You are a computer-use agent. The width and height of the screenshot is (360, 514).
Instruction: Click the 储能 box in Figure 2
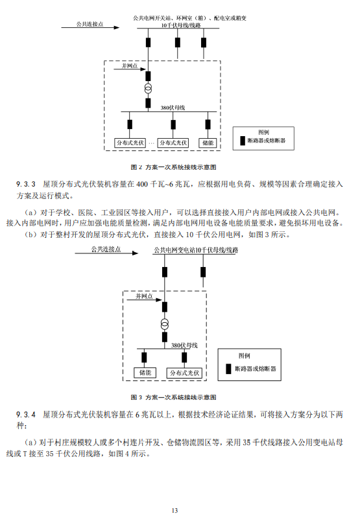pyautogui.click(x=208, y=143)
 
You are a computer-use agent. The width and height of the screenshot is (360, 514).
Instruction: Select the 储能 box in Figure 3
pyautogui.click(x=145, y=373)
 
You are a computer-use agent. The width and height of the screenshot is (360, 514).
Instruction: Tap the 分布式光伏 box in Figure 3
pyautogui.click(x=184, y=373)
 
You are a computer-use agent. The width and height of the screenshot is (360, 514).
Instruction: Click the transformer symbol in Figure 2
pyautogui.click(x=149, y=89)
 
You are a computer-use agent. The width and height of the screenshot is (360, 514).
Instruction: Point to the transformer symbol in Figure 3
pyautogui.click(x=165, y=324)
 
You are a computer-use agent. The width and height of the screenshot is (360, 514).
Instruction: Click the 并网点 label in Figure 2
pyautogui.click(x=130, y=66)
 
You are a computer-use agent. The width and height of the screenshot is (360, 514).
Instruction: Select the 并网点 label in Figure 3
pyautogui.click(x=144, y=296)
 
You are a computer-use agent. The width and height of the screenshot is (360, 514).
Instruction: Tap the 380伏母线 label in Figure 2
pyautogui.click(x=173, y=108)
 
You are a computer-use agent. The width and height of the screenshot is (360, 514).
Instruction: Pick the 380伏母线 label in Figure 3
pyautogui.click(x=184, y=345)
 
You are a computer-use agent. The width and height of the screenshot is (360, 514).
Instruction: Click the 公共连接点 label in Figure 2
pyautogui.click(x=90, y=24)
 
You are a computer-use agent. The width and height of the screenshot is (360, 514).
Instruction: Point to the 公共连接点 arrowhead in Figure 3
pyautogui.click(x=135, y=253)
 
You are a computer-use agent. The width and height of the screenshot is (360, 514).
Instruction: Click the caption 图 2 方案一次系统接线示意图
pyautogui.click(x=173, y=167)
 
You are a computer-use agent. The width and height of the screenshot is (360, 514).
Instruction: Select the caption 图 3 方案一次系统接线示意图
pyautogui.click(x=173, y=397)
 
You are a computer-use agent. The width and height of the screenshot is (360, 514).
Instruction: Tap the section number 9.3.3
pyautogui.click(x=26, y=184)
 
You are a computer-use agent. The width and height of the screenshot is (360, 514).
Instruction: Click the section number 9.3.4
pyautogui.click(x=26, y=415)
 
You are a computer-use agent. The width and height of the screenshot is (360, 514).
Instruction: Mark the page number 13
pyautogui.click(x=174, y=510)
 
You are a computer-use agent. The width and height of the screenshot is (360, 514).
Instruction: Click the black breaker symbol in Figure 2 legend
pyautogui.click(x=243, y=141)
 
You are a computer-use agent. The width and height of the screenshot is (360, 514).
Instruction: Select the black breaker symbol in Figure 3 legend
pyautogui.click(x=228, y=369)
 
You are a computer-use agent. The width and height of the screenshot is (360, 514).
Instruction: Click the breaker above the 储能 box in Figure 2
pyautogui.click(x=208, y=124)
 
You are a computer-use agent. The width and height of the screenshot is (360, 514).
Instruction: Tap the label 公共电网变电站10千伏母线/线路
pyautogui.click(x=196, y=250)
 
